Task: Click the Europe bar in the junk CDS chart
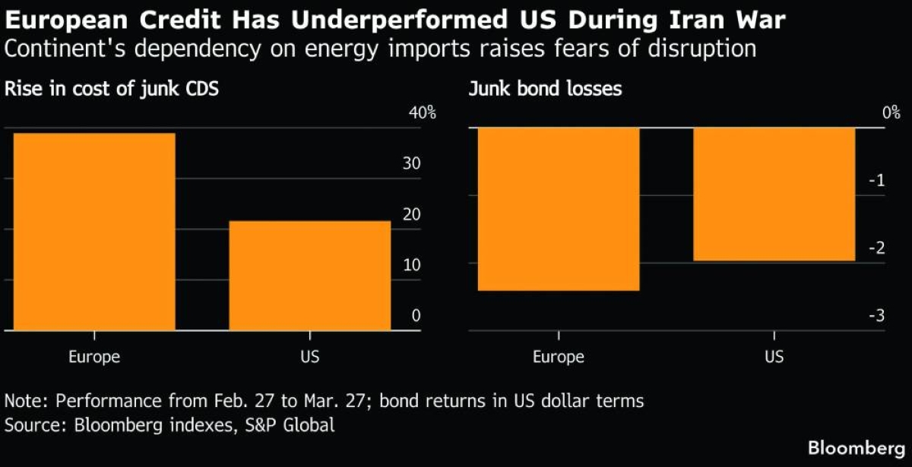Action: pos(94,232)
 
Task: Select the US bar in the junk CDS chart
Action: pos(309,276)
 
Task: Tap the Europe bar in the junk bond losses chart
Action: pos(559,209)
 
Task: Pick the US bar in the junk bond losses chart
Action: pos(774,194)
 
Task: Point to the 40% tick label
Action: pos(423,114)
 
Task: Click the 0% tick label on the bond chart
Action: pos(891,114)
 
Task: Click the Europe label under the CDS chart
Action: pos(94,357)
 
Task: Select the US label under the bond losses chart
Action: pos(774,357)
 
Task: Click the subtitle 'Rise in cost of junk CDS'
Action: pos(112,89)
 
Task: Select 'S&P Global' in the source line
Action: pos(291,424)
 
